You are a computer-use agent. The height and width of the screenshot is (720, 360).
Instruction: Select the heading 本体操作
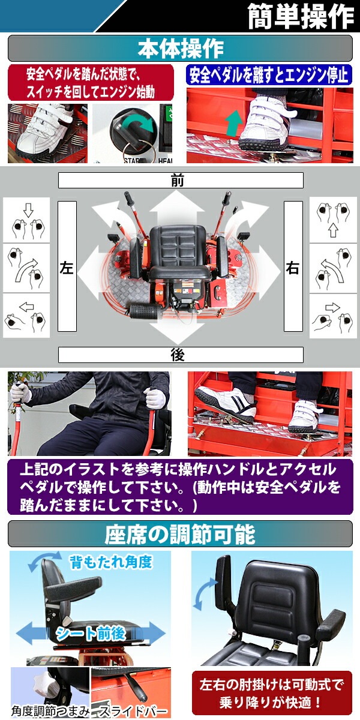(x=181, y=49)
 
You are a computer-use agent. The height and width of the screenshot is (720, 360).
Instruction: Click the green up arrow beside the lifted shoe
(x=234, y=122)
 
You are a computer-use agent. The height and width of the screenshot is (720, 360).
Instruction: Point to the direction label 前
(x=178, y=181)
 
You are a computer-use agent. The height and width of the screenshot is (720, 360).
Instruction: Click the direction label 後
(x=178, y=355)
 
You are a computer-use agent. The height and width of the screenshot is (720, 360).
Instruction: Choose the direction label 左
(x=67, y=268)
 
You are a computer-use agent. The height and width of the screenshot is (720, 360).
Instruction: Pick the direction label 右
(x=293, y=268)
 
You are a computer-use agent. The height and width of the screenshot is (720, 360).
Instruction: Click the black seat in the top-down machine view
(x=179, y=254)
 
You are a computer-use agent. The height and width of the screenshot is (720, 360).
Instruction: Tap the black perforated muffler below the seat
(x=145, y=311)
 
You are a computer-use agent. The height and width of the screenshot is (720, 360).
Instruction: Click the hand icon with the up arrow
(x=334, y=220)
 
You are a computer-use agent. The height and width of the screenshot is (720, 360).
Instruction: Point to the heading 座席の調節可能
(x=180, y=534)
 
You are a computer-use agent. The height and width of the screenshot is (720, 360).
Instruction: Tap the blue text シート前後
(x=91, y=634)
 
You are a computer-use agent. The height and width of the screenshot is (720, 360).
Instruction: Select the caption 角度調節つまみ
(x=50, y=712)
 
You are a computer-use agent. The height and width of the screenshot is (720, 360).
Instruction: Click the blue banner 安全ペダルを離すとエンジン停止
(x=269, y=75)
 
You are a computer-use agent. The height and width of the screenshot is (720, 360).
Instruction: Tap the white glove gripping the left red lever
(x=20, y=392)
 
